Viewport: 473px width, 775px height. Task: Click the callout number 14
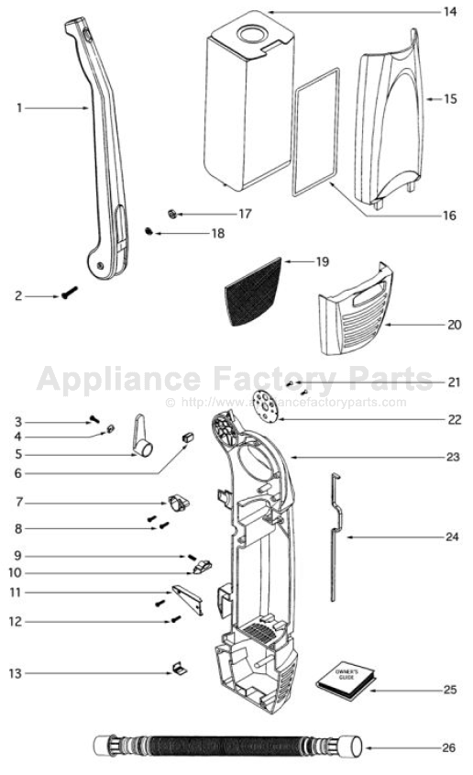pos(449,12)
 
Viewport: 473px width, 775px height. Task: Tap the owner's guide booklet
pos(346,679)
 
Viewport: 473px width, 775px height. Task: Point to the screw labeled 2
pos(70,295)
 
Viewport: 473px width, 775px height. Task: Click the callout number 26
pos(448,748)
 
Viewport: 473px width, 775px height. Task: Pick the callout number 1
pos(18,108)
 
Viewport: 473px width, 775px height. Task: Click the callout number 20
pos(453,325)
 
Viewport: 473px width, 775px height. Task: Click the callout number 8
pos(18,528)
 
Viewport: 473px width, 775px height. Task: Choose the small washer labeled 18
pos(149,232)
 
